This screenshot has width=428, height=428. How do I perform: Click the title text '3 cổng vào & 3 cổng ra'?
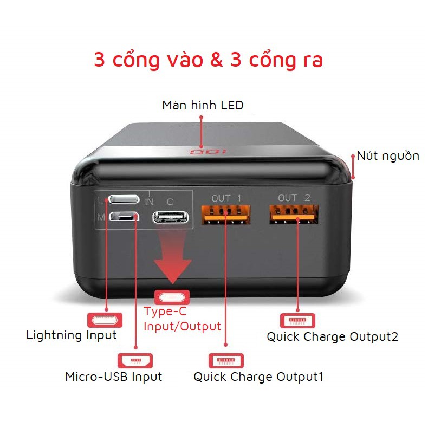[208, 60]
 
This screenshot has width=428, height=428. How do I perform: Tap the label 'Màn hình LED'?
[203, 105]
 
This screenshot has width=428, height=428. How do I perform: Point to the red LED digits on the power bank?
[201, 152]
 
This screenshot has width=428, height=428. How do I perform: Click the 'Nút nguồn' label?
[388, 156]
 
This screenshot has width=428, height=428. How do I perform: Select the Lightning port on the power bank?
[124, 199]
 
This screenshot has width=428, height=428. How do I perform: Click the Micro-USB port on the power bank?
[125, 217]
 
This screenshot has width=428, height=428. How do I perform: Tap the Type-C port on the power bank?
[171, 217]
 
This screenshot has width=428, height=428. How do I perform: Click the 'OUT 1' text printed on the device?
[226, 198]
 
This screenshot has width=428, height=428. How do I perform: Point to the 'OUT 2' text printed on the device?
[294, 198]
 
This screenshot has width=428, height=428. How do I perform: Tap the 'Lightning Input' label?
[72, 335]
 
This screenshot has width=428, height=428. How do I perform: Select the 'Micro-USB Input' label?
[114, 376]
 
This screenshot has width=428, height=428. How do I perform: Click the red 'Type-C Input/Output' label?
[182, 319]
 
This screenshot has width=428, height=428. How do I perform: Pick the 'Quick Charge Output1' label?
[258, 377]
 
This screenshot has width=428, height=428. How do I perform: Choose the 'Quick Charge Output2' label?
[333, 336]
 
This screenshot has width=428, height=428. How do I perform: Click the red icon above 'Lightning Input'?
[105, 318]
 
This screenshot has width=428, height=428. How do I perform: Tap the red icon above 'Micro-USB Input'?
[135, 360]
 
